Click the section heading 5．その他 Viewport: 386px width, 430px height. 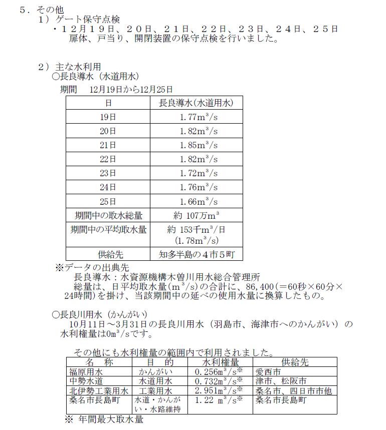(36, 10)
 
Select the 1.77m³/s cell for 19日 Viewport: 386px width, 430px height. (199, 117)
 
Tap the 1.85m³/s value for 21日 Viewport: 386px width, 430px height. (199, 145)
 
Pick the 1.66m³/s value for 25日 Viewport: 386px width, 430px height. (199, 202)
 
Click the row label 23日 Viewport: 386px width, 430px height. (108, 174)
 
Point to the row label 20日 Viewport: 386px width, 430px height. (108, 131)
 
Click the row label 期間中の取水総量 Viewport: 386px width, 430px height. (108, 216)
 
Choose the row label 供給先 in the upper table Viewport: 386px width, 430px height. (108, 254)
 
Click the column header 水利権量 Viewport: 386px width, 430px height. (220, 361)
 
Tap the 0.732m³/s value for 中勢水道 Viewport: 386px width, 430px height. (219, 381)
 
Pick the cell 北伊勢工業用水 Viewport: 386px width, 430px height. (98, 390)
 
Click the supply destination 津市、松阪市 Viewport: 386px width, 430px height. (279, 381)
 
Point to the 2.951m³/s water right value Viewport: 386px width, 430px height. (219, 390)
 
